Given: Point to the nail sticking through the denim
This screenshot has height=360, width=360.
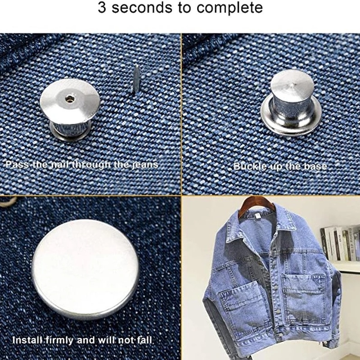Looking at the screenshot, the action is pos(136,79).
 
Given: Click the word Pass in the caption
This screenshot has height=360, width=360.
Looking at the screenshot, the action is pos(18,165).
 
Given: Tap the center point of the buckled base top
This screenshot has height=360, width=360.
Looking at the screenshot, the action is pos(292,85).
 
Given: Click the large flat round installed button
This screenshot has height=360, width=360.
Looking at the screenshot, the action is pos(85,269).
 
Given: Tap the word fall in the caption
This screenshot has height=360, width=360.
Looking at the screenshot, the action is pos(144,340).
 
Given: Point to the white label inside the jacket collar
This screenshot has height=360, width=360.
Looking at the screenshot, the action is pos(257,216).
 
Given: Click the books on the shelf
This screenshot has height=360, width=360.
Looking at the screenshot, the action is pos(340,243).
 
